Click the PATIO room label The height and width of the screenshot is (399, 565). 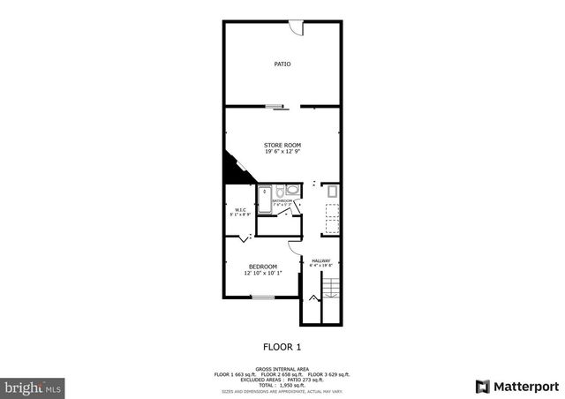[x=282, y=64]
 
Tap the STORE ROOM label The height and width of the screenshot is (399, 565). [x=282, y=144]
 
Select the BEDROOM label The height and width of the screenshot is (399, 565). [x=262, y=267]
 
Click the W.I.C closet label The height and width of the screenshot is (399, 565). [x=239, y=209]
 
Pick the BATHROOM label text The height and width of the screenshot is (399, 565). [x=282, y=201]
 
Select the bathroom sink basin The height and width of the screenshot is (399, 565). [x=292, y=190]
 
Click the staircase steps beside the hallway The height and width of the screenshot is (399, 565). [x=330, y=288]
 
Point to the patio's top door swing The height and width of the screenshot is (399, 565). [x=298, y=29]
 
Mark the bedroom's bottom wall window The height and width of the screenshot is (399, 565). [x=262, y=297]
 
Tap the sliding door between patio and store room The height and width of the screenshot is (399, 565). [x=276, y=107]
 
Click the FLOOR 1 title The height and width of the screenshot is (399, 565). [x=282, y=346]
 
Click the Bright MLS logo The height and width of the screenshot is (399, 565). [x=33, y=387]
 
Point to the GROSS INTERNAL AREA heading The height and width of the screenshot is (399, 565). [x=282, y=369]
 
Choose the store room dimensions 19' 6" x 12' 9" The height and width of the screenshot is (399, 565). [x=282, y=152]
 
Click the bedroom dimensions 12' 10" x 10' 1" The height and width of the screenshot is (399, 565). [x=262, y=274]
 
